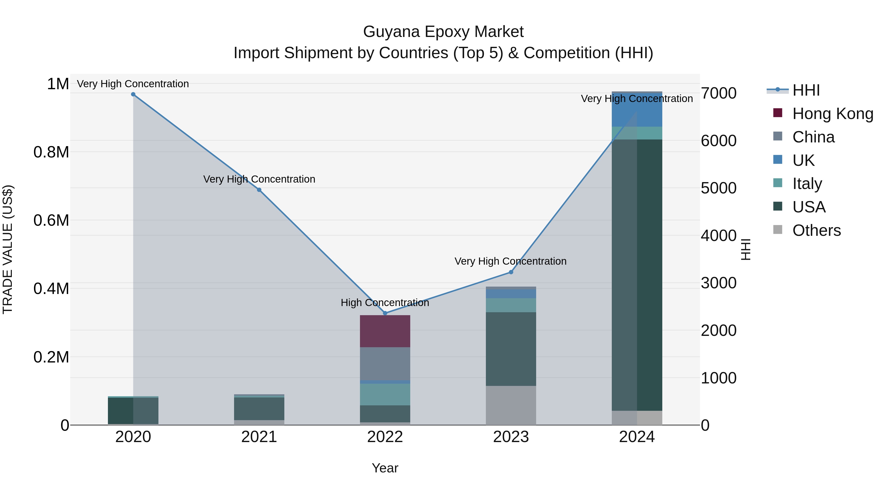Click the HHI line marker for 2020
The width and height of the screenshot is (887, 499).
click(x=133, y=94)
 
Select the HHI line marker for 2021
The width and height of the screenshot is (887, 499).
click(x=259, y=190)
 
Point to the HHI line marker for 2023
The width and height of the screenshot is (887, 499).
click(x=511, y=272)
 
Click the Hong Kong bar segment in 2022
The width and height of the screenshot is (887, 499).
click(x=385, y=331)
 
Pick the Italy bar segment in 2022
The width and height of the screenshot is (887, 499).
click(x=385, y=394)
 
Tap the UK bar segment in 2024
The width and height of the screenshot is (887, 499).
click(x=637, y=109)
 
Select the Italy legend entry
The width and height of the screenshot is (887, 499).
click(x=807, y=184)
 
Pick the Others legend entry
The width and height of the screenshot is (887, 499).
click(x=816, y=230)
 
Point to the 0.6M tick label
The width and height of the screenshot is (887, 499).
click(x=51, y=220)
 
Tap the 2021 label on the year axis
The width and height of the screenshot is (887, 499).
click(x=259, y=437)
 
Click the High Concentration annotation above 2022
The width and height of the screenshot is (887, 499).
click(x=385, y=303)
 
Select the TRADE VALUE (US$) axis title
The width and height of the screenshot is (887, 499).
click(x=8, y=249)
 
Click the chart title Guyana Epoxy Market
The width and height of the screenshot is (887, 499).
click(x=443, y=32)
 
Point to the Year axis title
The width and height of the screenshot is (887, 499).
click(x=385, y=468)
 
